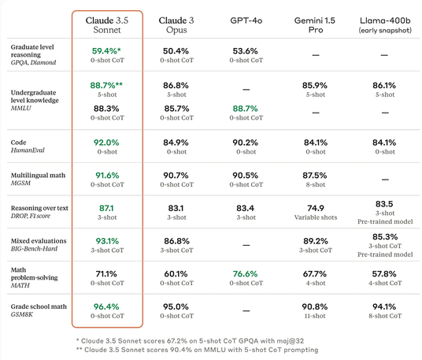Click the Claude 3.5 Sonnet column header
(x=107, y=25)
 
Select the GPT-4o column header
(x=246, y=20)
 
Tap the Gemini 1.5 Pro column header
(x=315, y=25)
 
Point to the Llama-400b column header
(x=385, y=25)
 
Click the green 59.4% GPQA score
(x=106, y=51)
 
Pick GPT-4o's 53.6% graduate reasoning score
(x=245, y=51)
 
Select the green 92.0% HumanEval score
(x=106, y=143)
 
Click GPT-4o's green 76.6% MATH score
(x=245, y=274)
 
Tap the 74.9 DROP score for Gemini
(x=316, y=208)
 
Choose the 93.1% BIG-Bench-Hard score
(x=107, y=241)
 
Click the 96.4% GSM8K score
(x=106, y=306)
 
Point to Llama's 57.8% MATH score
(x=384, y=274)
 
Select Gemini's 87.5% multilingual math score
(x=315, y=176)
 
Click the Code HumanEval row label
(x=28, y=146)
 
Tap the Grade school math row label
(x=39, y=310)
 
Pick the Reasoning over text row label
(x=39, y=212)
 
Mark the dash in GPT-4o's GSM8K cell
(x=246, y=310)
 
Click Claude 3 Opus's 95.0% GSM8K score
(x=176, y=306)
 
